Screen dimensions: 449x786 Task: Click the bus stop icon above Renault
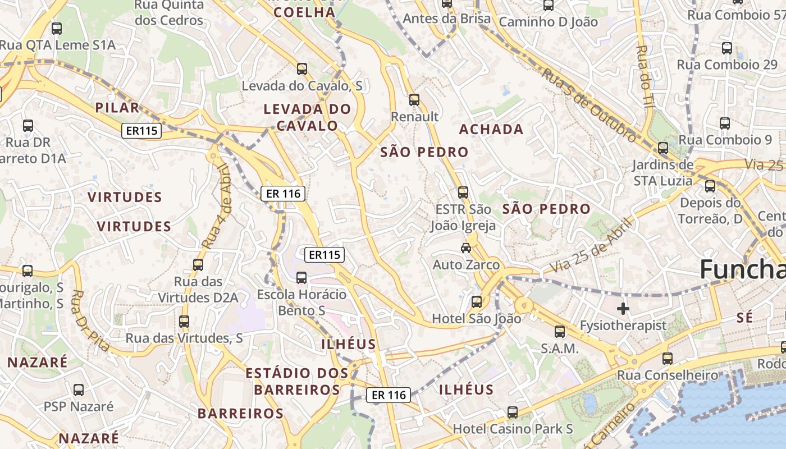pyautogui.click(x=414, y=100)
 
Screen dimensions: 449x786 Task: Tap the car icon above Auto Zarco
pyautogui.click(x=465, y=248)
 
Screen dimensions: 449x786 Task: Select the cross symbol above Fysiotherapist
pyautogui.click(x=623, y=308)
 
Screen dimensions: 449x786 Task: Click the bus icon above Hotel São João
pyautogui.click(x=476, y=301)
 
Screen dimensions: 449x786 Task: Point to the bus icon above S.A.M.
pyautogui.click(x=560, y=331)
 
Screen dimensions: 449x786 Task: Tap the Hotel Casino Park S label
pyautogui.click(x=513, y=429)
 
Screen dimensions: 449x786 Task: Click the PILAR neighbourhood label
pyautogui.click(x=117, y=108)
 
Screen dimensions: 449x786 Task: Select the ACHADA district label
pyautogui.click(x=491, y=130)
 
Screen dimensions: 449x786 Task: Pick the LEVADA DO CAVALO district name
pyautogui.click(x=307, y=117)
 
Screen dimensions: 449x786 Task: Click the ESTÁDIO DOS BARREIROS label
pyautogui.click(x=297, y=381)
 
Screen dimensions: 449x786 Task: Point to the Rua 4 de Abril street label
pyautogui.click(x=217, y=207)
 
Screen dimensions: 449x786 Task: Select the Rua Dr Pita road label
pyautogui.click(x=90, y=320)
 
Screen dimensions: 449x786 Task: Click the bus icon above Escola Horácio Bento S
pyautogui.click(x=301, y=277)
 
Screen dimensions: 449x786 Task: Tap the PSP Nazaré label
pyautogui.click(x=79, y=406)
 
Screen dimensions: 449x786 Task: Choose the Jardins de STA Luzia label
pyautogui.click(x=663, y=173)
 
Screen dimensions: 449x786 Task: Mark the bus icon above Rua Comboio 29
pyautogui.click(x=727, y=48)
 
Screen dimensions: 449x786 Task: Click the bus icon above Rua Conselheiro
pyautogui.click(x=668, y=358)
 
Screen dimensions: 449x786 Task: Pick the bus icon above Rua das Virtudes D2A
pyautogui.click(x=198, y=265)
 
